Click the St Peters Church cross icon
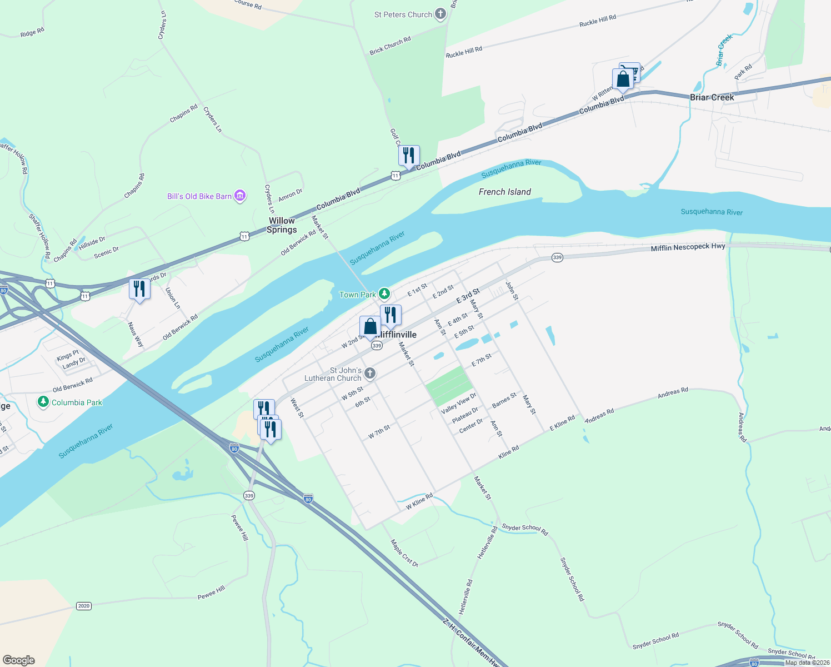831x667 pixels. coord(440,14)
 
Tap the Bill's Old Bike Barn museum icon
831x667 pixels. coord(240,196)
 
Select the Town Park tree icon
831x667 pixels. coord(384,294)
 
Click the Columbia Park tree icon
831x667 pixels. coord(43,402)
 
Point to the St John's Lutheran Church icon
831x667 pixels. coord(370,374)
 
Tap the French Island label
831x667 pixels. coord(504,192)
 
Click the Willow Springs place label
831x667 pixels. coord(282,225)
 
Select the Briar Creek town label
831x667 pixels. coord(712,97)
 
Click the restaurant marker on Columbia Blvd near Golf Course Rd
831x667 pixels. coord(409,156)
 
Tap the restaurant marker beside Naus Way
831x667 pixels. coord(139,289)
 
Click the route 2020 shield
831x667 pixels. coord(84,606)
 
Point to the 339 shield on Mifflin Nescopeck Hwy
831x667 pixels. coord(557,257)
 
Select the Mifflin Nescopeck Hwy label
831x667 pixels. coord(688,247)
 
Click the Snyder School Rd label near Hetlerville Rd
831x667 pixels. coord(525,529)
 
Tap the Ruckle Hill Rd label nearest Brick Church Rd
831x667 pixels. coord(464,52)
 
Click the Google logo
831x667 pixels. coord(19,660)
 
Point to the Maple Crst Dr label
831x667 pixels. coord(404,553)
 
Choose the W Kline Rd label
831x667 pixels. coord(419,501)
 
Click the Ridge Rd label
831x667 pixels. coord(32,33)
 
